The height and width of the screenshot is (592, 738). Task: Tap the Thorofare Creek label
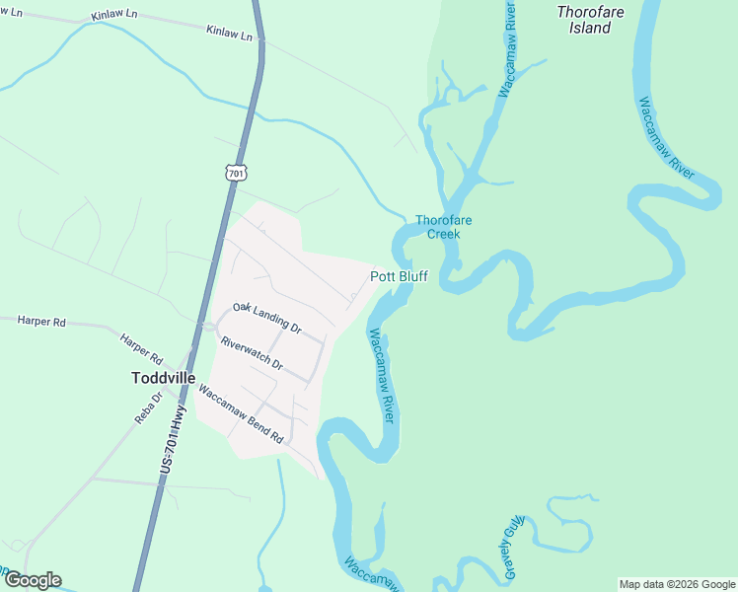point(443,227)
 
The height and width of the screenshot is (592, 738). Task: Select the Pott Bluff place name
point(399,276)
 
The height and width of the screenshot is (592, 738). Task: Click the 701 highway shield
point(235,173)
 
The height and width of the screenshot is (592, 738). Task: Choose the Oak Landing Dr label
point(266,317)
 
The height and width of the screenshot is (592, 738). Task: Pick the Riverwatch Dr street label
point(252,354)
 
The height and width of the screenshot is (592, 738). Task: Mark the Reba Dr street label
point(149,407)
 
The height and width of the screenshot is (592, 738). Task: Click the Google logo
point(32,580)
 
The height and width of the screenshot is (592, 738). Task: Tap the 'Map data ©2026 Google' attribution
point(677,584)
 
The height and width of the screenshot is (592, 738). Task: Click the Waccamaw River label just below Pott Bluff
point(381,375)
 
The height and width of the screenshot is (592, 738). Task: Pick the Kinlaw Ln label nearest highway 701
point(230,34)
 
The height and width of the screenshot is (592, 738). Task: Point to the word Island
point(590,28)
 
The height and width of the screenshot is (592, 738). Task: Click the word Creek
point(443,234)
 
